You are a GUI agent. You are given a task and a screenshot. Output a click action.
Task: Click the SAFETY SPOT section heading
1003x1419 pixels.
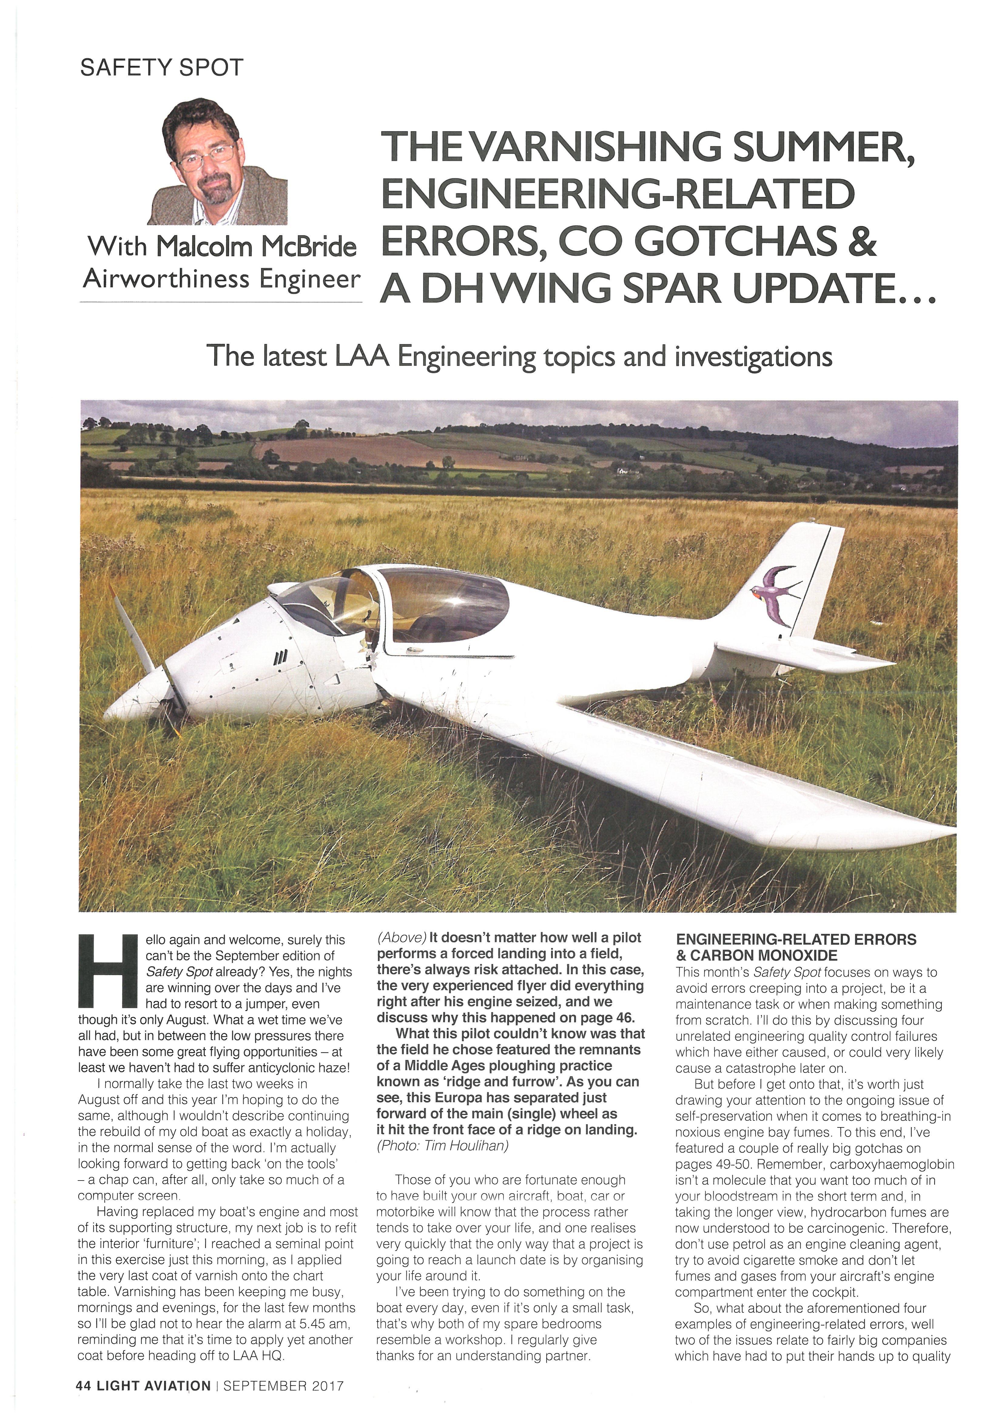click(x=162, y=67)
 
